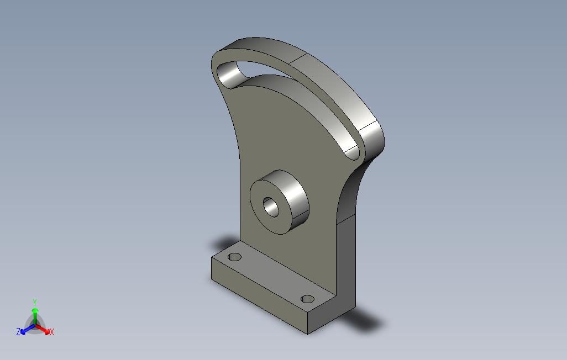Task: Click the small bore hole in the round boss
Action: (x=271, y=207)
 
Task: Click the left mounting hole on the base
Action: (x=235, y=257)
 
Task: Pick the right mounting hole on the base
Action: (x=307, y=299)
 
